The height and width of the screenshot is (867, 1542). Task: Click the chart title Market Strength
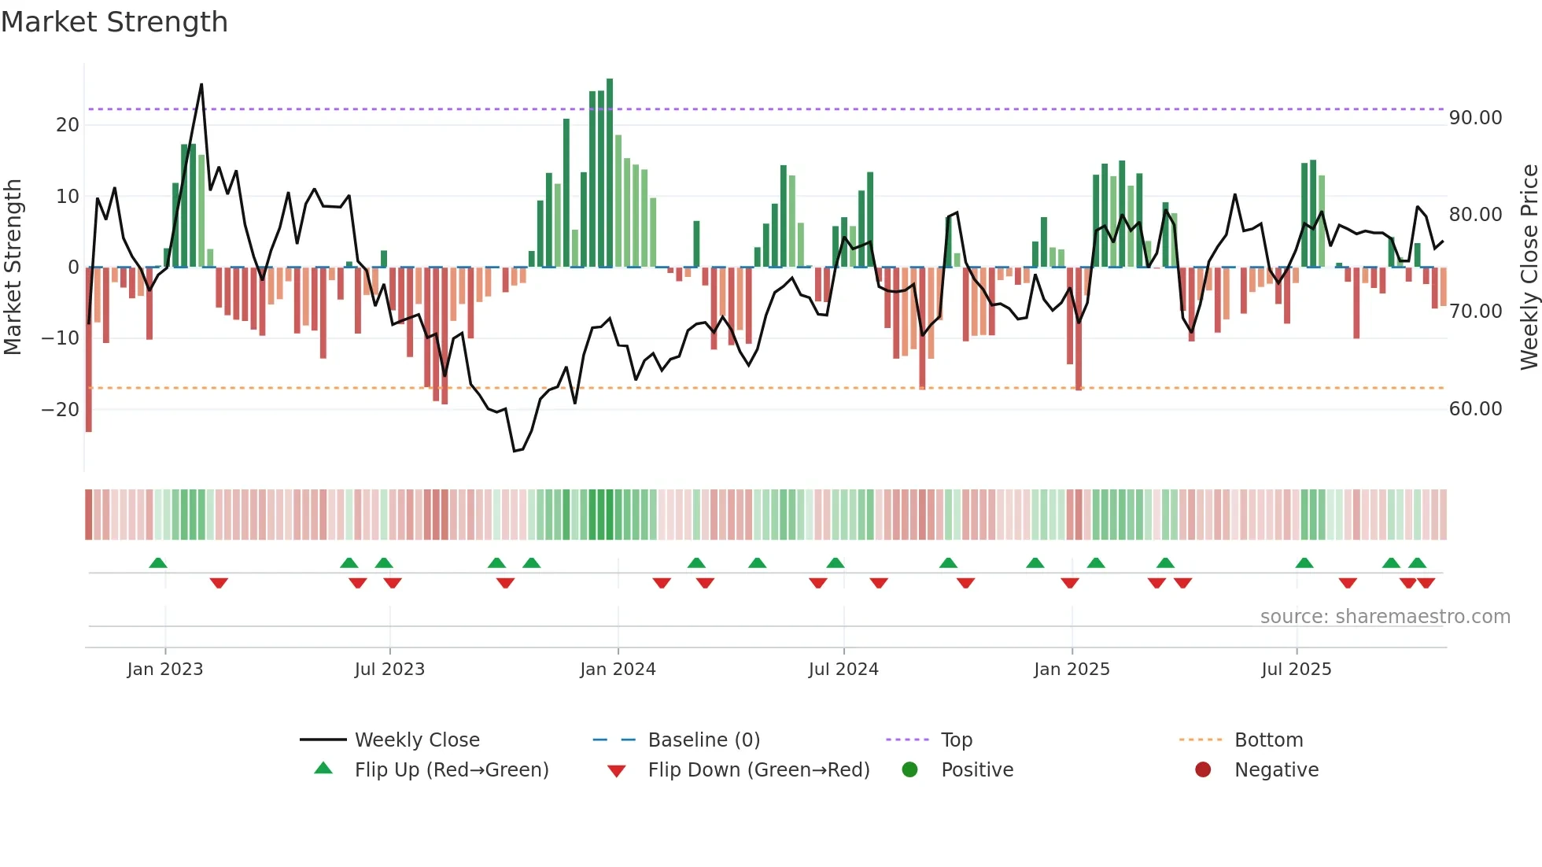point(114,22)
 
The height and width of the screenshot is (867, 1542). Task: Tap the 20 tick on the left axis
point(68,125)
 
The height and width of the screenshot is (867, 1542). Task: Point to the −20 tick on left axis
point(61,410)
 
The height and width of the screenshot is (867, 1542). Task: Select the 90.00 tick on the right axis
point(1475,118)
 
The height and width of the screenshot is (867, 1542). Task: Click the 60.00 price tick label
point(1475,409)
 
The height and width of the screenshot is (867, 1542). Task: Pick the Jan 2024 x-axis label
point(618,670)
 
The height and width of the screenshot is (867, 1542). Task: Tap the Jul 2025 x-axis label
point(1296,670)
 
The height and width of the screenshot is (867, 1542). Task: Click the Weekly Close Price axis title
point(1529,267)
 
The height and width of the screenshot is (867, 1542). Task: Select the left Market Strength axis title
point(13,267)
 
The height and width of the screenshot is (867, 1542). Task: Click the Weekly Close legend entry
point(417,740)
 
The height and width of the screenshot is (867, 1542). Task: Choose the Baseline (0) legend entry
point(703,740)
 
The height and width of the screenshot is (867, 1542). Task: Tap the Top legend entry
point(957,740)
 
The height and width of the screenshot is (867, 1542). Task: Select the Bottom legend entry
point(1268,740)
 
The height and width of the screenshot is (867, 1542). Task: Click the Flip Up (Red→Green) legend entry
point(451,770)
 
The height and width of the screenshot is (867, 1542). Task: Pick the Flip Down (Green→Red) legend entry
point(758,770)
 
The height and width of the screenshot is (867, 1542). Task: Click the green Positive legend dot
point(910,770)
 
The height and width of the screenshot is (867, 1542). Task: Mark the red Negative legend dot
point(1203,770)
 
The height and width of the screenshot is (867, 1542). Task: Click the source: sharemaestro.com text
point(1385,617)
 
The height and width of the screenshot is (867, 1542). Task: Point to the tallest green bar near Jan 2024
point(610,173)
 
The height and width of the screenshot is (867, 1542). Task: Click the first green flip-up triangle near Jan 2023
point(158,563)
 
